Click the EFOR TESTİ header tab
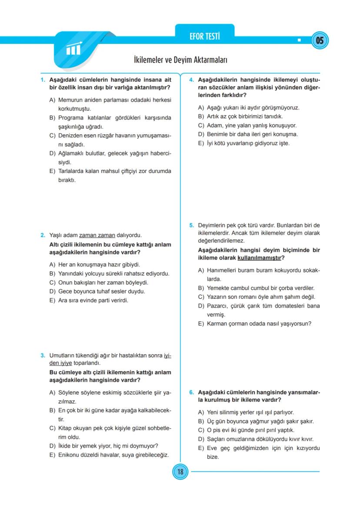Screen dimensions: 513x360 pyautogui.click(x=204, y=37)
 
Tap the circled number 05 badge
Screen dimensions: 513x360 pyautogui.click(x=320, y=41)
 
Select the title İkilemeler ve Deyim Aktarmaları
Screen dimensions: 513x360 pyautogui.click(x=180, y=60)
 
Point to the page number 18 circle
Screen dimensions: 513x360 pyautogui.click(x=180, y=471)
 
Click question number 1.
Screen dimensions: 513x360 pyautogui.click(x=43, y=80)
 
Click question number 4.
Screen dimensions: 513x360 pyautogui.click(x=191, y=80)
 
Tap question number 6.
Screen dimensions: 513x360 pyautogui.click(x=191, y=392)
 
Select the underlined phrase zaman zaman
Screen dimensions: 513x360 pyautogui.click(x=94, y=235)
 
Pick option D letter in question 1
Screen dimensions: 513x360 pyautogui.click(x=52, y=153)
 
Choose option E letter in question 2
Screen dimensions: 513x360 pyautogui.click(x=52, y=300)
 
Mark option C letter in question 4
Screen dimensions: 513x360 pyautogui.click(x=201, y=125)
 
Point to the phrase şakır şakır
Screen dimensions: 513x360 pyautogui.click(x=303, y=421)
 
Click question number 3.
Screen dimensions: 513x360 pyautogui.click(x=43, y=355)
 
